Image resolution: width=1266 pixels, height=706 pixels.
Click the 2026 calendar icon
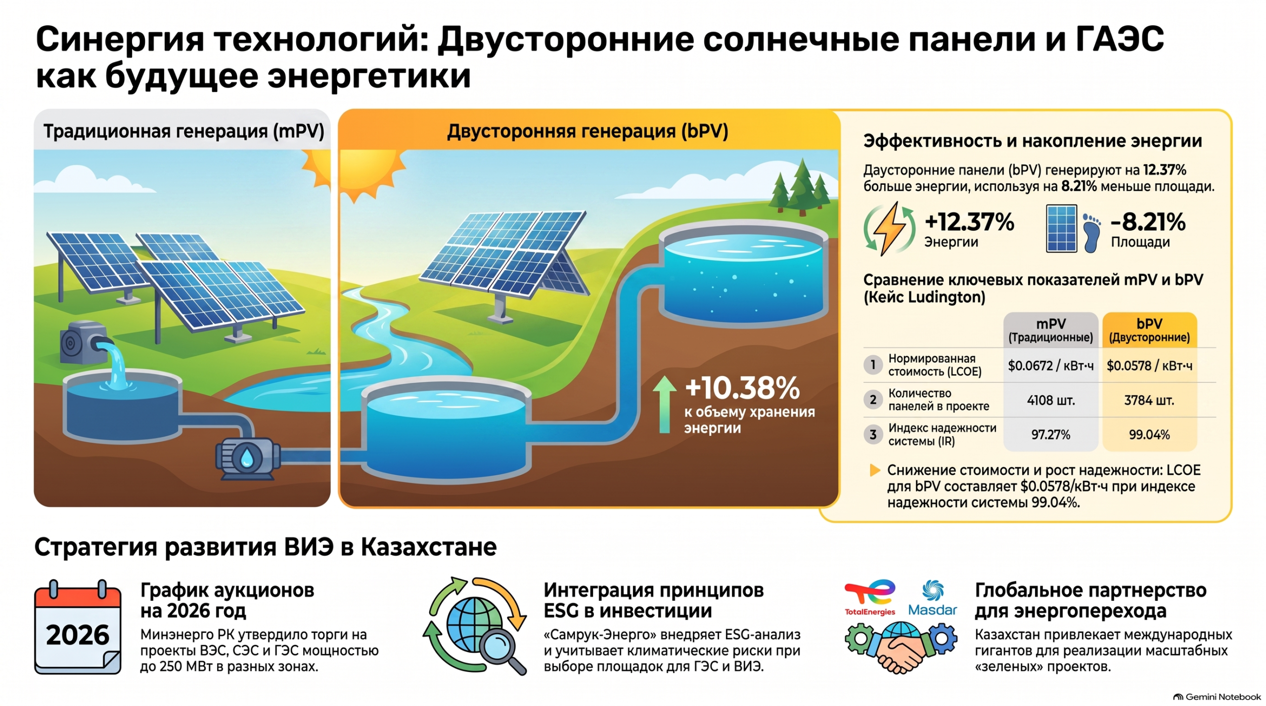click(78, 627)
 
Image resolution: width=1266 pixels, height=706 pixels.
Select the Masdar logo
click(933, 598)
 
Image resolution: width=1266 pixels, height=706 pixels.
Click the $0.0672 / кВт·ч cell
click(1050, 366)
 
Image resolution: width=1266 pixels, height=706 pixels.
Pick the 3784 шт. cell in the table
click(1149, 400)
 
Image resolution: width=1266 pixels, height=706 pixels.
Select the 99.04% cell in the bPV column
click(1149, 435)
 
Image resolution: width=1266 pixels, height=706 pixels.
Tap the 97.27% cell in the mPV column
click(1050, 435)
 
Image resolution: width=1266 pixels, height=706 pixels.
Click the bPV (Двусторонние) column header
click(1149, 330)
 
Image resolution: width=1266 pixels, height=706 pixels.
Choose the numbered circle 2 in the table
click(873, 400)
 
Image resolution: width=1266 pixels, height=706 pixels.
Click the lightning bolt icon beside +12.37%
click(889, 229)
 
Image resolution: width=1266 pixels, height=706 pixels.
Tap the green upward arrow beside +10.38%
click(665, 405)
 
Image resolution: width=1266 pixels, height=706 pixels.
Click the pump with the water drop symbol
click(246, 458)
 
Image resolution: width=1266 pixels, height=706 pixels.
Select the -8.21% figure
click(1148, 222)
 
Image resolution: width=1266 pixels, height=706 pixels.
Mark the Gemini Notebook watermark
click(1217, 697)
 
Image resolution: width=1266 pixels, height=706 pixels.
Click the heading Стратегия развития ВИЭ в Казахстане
click(266, 547)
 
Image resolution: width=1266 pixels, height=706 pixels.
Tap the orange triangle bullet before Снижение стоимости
click(874, 470)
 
